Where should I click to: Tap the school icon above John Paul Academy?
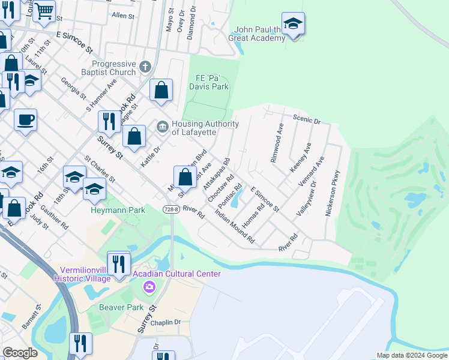[293, 25]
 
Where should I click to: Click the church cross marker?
[145, 66]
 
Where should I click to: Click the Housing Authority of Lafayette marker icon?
[163, 126]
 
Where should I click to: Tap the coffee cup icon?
[25, 120]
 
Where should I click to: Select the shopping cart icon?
[44, 11]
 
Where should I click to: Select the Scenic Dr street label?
[307, 119]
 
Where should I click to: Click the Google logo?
[20, 353]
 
